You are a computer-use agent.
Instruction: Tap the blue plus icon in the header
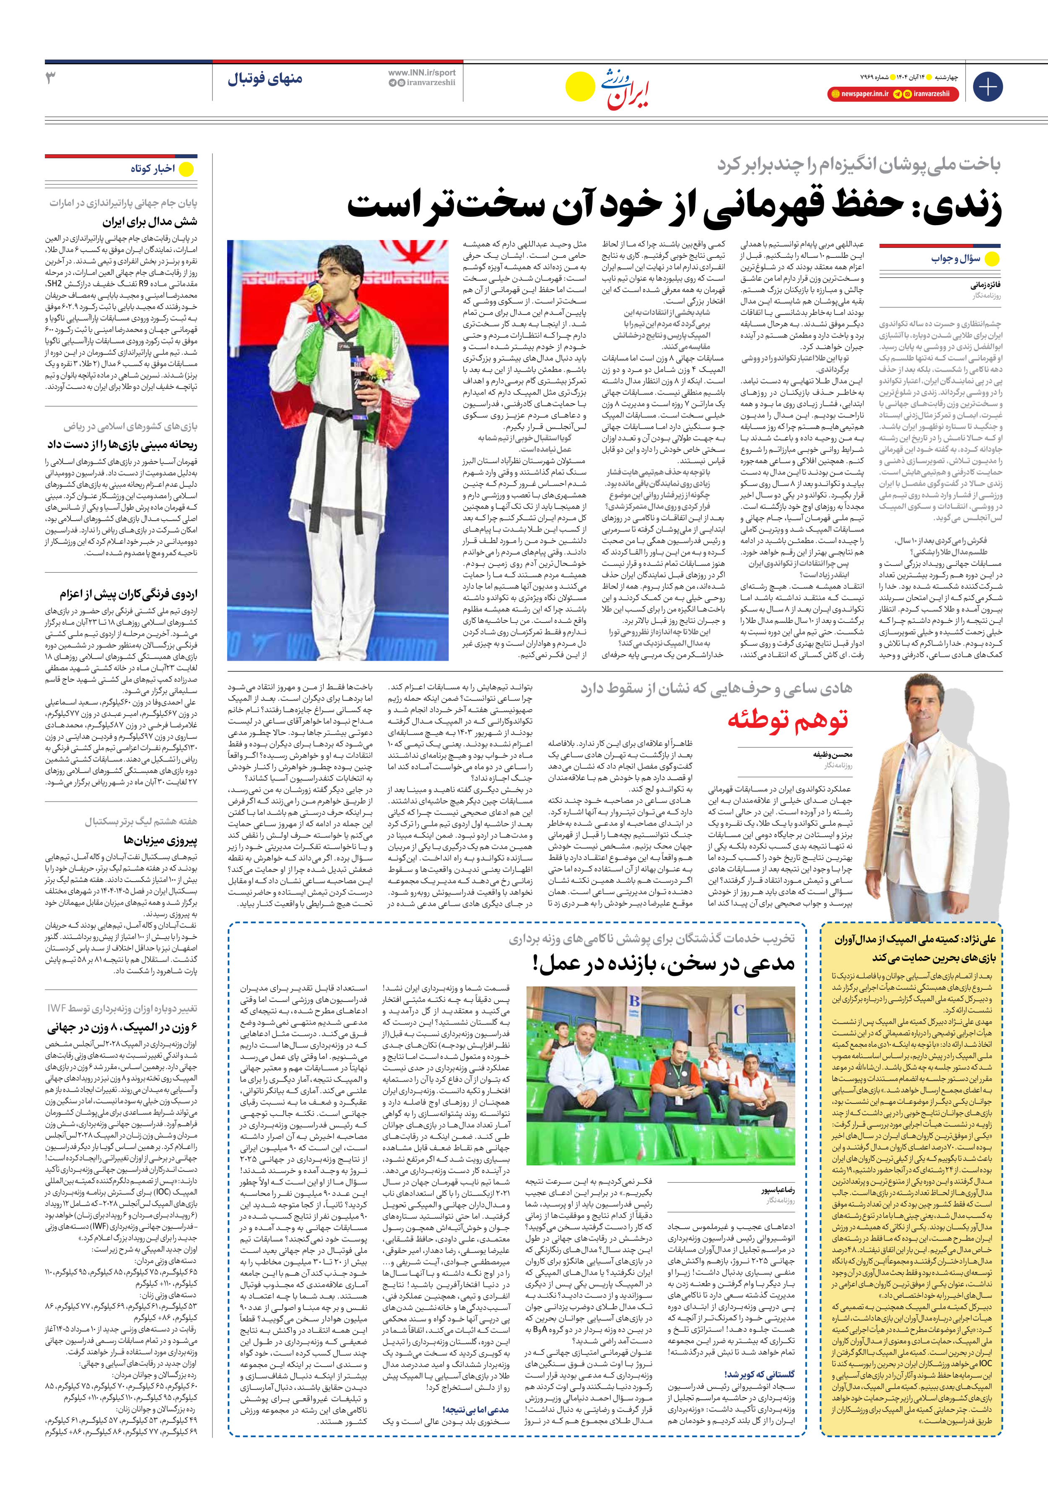pyautogui.click(x=987, y=87)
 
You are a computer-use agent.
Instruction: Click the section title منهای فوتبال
pyautogui.click(x=265, y=80)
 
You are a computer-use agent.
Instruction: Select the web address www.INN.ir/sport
pyautogui.click(x=422, y=73)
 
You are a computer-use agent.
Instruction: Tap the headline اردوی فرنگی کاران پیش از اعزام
pyautogui.click(x=128, y=594)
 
